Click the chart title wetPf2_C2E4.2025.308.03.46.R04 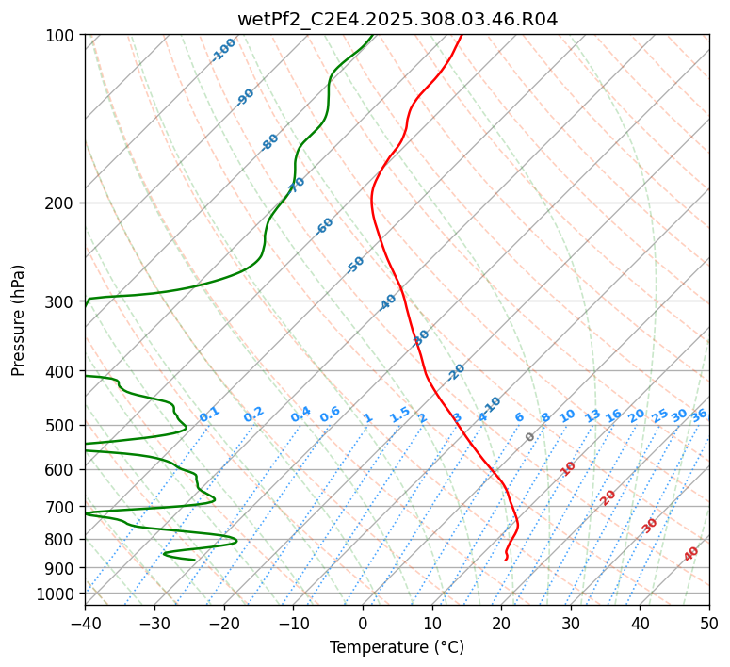[397, 19]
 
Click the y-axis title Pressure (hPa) [19, 320]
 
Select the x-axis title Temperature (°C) [397, 648]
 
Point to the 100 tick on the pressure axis [60, 36]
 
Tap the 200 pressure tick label [60, 203]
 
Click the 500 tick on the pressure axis [60, 426]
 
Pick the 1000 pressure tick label [57, 594]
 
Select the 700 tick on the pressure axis [60, 507]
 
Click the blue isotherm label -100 [224, 50]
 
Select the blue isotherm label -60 [325, 226]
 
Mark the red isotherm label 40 [691, 554]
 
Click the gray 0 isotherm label [530, 437]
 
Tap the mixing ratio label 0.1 [209, 415]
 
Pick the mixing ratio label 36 [699, 415]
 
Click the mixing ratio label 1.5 [399, 415]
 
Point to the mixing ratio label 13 [592, 415]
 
